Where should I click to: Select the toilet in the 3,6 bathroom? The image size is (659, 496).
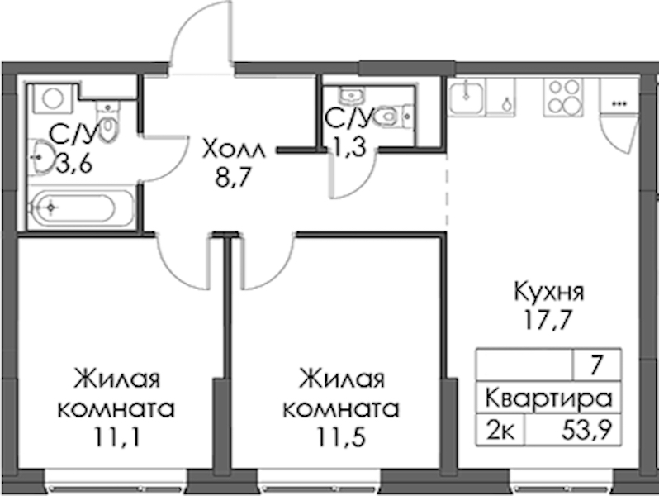coord(108,122)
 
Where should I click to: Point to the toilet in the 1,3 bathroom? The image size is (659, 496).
coord(393,115)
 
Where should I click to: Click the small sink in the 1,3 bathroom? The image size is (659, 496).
coord(353,96)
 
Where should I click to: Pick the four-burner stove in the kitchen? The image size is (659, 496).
coord(563,98)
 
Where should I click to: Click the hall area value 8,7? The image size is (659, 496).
coord(232,179)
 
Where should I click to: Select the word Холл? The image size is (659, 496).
coord(234,150)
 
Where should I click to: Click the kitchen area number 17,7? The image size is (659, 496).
coord(548,321)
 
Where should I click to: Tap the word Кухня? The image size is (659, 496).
coord(549,292)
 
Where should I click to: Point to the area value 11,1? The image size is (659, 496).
coord(116,438)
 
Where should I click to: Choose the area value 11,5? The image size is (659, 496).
coord(342,438)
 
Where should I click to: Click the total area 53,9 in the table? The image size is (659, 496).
coord(586,431)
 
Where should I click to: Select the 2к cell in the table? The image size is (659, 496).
coord(500,431)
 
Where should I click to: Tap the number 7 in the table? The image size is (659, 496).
coord(597,365)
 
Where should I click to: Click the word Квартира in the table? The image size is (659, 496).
coord(548,398)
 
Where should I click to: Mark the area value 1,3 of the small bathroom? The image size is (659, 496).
coord(349,147)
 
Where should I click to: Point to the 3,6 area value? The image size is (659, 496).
coord(74,164)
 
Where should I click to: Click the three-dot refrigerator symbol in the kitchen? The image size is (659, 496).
coord(618,103)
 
